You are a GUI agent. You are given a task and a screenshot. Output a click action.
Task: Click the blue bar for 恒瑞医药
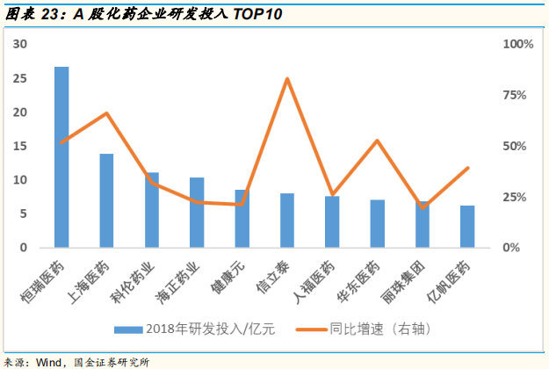click(61, 158)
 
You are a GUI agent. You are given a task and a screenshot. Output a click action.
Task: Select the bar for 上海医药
click(106, 201)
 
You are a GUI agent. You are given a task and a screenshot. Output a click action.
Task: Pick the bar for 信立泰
click(287, 221)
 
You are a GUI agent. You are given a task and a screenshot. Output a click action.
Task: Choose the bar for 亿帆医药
click(467, 227)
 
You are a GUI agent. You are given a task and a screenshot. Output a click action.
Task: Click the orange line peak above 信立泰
click(287, 79)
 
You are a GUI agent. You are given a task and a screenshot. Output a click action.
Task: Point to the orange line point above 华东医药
click(377, 141)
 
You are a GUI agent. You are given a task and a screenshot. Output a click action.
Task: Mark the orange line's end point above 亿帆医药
click(467, 168)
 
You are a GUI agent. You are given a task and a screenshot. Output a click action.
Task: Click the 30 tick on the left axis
click(21, 45)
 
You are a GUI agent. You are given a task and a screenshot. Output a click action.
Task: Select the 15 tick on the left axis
click(21, 146)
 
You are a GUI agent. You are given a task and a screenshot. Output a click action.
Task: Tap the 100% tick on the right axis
click(517, 45)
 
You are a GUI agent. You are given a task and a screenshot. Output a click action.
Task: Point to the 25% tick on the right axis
click(515, 197)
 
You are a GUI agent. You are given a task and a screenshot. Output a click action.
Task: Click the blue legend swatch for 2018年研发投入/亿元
click(130, 330)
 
